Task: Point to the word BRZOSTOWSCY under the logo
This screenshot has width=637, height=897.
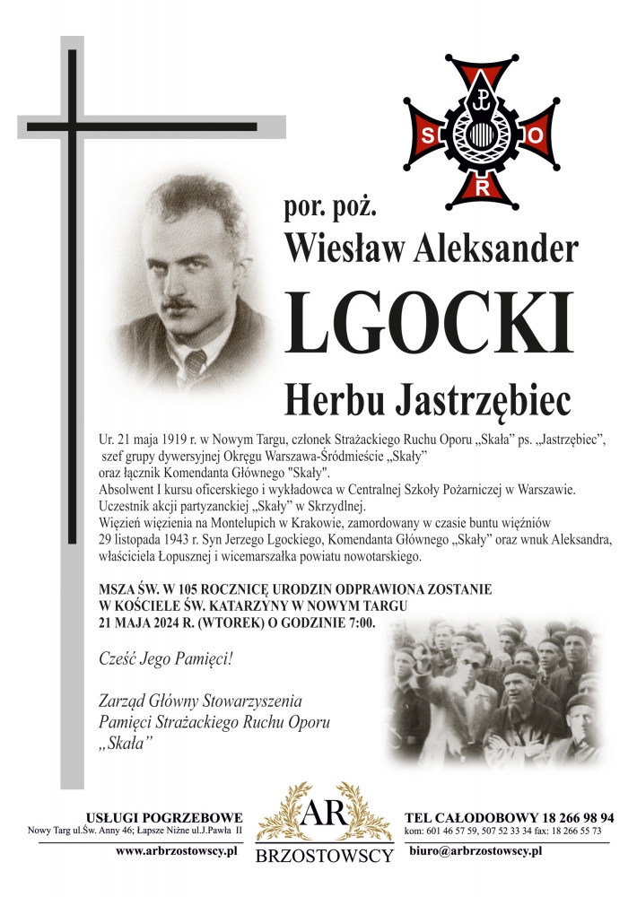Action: click(x=324, y=856)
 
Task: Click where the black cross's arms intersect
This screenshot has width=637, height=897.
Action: click(x=70, y=126)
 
